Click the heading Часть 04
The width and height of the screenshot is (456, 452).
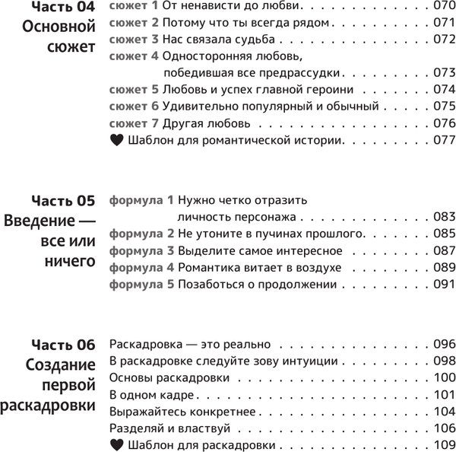[63, 8]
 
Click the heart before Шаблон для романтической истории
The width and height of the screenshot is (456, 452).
[116, 140]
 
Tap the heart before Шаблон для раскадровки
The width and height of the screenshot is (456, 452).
[116, 445]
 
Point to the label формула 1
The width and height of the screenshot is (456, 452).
[142, 201]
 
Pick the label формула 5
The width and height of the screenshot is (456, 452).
[142, 284]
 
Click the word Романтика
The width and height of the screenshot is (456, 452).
[207, 267]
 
